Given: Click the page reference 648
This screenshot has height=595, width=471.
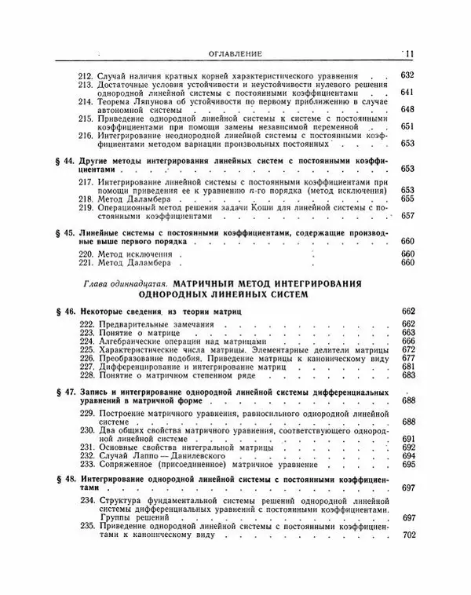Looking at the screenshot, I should click(x=407, y=110).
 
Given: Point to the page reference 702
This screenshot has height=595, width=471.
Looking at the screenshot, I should click(x=407, y=536).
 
